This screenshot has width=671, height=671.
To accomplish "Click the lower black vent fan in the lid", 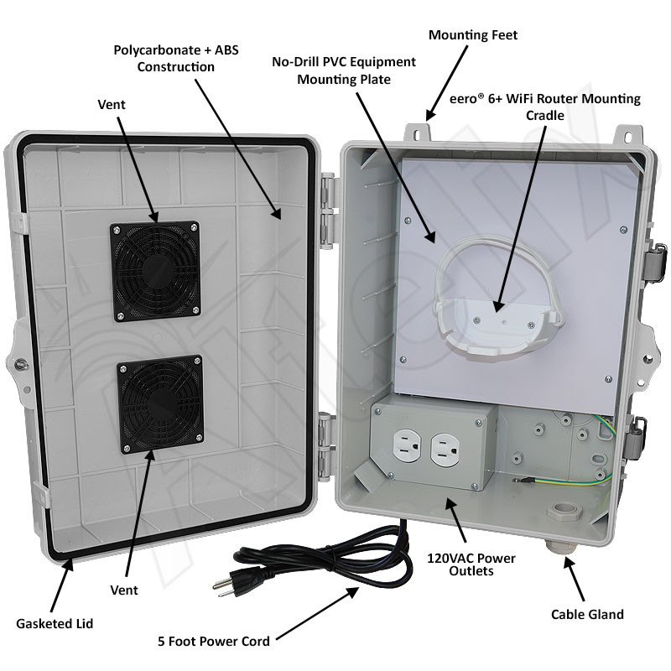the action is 160,404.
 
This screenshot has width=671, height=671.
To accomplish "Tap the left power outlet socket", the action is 406,448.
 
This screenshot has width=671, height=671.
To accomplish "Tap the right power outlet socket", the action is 445,450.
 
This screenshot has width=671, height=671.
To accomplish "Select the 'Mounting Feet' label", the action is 473,35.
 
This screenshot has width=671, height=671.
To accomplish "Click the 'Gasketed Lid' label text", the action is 55,623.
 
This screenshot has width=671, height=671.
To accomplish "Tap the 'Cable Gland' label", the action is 587,615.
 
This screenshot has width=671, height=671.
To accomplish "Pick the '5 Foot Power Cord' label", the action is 214,641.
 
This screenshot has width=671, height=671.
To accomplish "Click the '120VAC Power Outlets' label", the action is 471,564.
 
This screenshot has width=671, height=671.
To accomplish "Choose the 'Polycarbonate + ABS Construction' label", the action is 176,58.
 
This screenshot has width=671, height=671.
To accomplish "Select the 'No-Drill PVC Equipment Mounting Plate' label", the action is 344,70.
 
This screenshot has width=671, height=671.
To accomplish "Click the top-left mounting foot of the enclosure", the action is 417,133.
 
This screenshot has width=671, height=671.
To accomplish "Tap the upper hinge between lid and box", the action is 328,211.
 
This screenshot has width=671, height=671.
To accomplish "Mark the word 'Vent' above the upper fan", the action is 112,104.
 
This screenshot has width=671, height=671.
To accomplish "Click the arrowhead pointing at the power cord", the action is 353,593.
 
